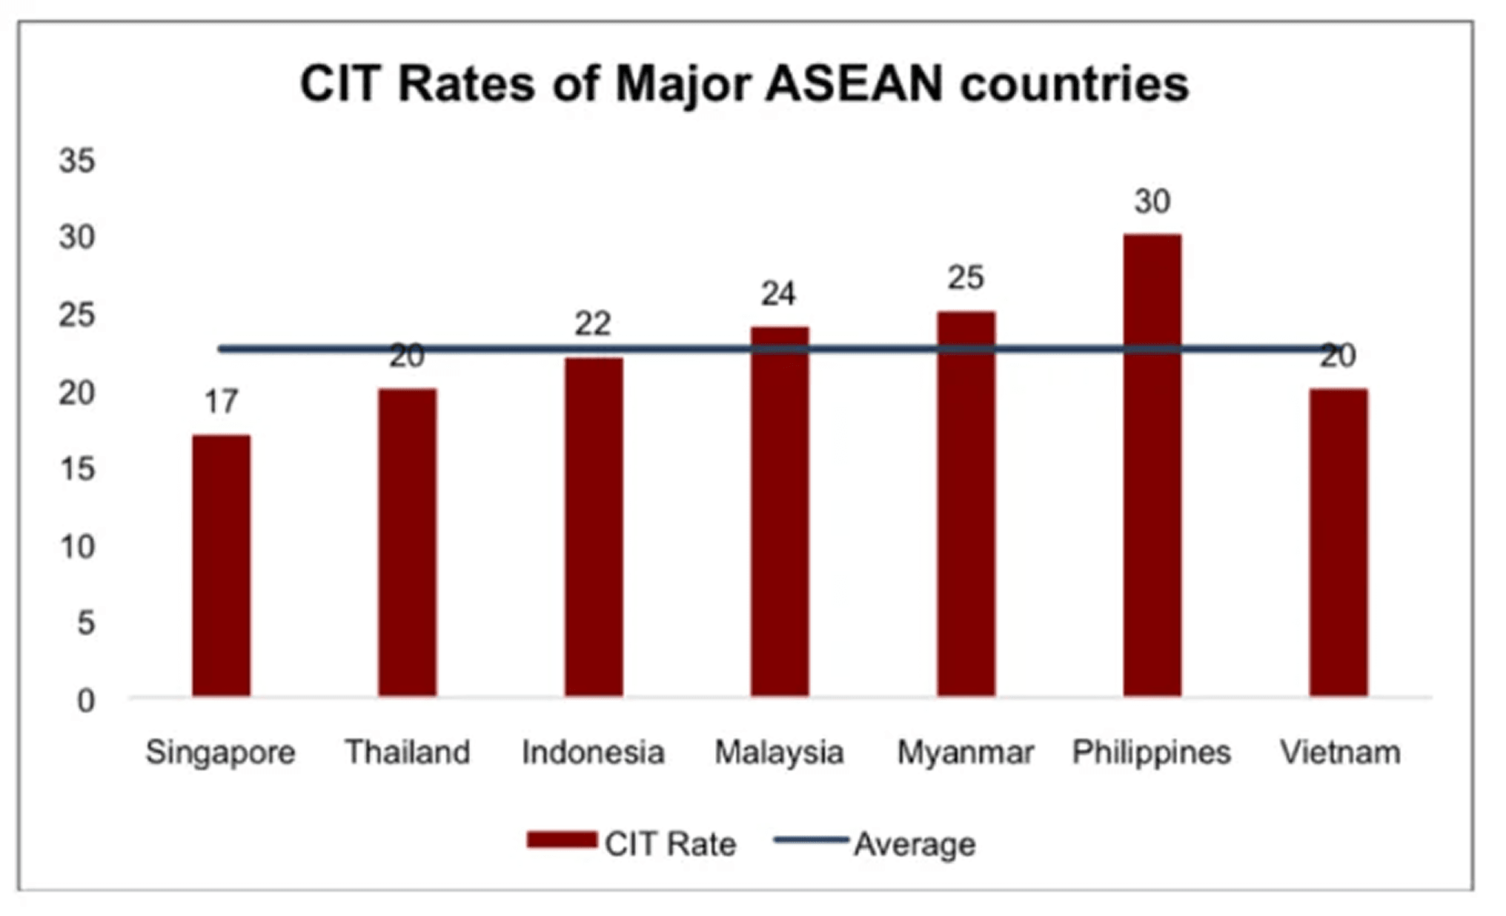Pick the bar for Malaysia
pos(780,511)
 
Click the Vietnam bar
pos(1338,542)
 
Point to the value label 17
pos(221,402)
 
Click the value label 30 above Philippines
pos(1152,202)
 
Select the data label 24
pos(778,294)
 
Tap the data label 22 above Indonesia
pos(592,324)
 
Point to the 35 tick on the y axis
pos(77,161)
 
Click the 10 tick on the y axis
pos(77,547)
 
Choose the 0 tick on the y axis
pos(86,700)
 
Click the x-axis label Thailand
pos(407,752)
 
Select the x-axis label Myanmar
pos(965,752)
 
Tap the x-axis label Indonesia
pos(593,752)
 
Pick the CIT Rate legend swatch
pos(562,840)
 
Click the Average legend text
pos(915,844)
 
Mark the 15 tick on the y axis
pos(77,469)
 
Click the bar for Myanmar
pos(966,503)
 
